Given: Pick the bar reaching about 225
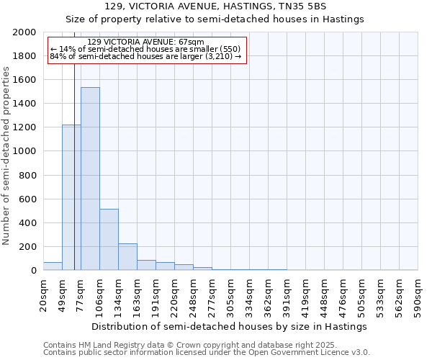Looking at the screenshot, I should pyautogui.click(x=127, y=256).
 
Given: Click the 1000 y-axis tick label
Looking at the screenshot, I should pyautogui.click(x=26, y=151).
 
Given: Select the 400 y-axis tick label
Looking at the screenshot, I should pyautogui.click(x=29, y=223).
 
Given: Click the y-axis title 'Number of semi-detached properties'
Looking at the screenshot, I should pyautogui.click(x=6, y=156).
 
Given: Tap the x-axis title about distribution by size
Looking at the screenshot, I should pyautogui.click(x=230, y=326).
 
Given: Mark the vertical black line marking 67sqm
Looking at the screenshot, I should pyautogui.click(x=74, y=180).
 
